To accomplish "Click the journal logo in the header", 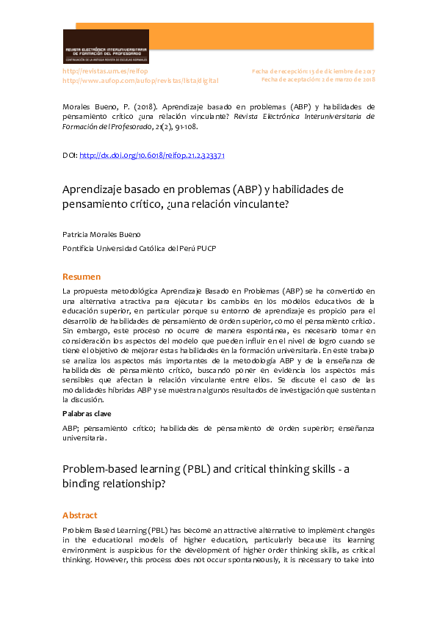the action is coord(106,46).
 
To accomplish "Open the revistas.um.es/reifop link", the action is coord(105,71).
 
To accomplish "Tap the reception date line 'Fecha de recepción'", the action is coord(313,71).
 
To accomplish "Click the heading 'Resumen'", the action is coord(82,277).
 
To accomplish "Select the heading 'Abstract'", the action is coord(79,515).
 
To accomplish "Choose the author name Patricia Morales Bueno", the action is coord(107,234).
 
